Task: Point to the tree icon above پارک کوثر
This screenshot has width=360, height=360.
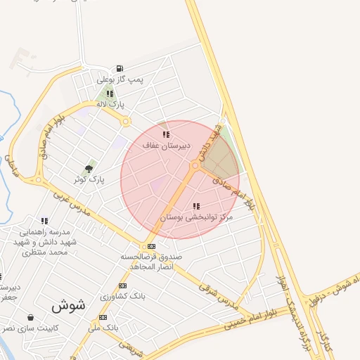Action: pos(89,168)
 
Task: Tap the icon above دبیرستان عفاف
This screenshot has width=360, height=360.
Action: pos(166,134)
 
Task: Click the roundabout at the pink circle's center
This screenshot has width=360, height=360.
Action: pos(195,166)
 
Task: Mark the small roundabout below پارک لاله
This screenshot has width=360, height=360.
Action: pos(126,122)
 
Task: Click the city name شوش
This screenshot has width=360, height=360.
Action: pos(68,306)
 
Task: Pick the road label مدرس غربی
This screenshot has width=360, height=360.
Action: pos(84,200)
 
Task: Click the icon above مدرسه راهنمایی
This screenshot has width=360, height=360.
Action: pos(44,221)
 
